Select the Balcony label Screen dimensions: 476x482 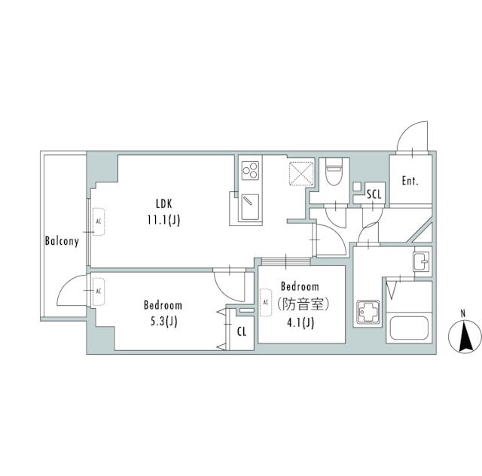point(62,242)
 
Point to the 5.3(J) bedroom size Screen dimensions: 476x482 point(163,322)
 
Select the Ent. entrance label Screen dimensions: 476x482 point(410,182)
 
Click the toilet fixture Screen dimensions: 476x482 point(331,173)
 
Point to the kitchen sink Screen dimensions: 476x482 point(249,203)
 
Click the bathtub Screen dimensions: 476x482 point(409,328)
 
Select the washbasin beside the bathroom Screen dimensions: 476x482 point(421,262)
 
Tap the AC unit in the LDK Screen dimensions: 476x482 point(96,221)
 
